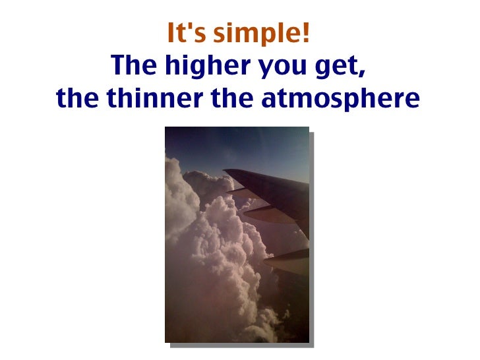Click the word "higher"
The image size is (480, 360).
coord(204,67)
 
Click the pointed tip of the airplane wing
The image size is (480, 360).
coord(225,171)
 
